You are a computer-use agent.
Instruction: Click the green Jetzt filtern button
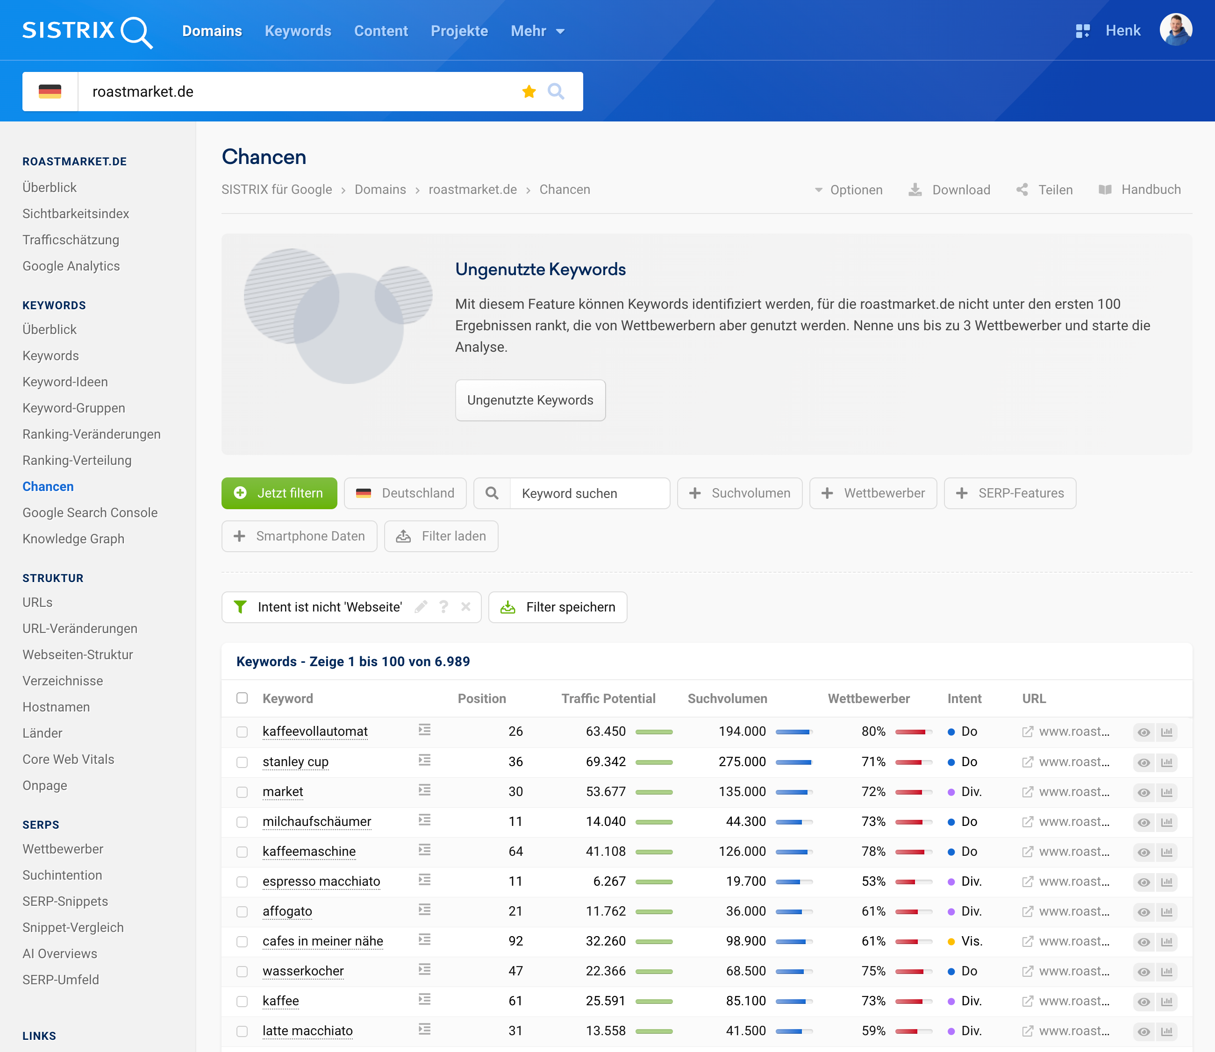click(x=279, y=493)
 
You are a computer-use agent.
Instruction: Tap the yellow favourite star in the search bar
click(x=529, y=92)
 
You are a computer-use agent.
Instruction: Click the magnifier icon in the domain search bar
click(x=556, y=92)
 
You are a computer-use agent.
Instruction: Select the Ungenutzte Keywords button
click(x=529, y=400)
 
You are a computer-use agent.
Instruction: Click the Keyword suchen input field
click(x=589, y=493)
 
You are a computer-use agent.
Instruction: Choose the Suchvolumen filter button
click(x=739, y=493)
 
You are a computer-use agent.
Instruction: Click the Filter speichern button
click(x=558, y=607)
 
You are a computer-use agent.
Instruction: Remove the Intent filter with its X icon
click(x=466, y=607)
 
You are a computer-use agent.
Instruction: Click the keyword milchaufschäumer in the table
click(x=316, y=821)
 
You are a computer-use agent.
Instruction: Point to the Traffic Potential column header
click(x=608, y=698)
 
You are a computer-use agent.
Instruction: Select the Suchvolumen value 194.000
click(x=742, y=732)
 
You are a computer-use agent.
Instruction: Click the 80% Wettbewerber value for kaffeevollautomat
click(x=872, y=732)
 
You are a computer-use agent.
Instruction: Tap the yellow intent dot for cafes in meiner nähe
click(x=951, y=942)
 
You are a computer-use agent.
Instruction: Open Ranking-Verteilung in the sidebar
click(x=77, y=460)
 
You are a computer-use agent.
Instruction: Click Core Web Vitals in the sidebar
click(x=68, y=759)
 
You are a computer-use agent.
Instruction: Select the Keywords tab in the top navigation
click(x=298, y=31)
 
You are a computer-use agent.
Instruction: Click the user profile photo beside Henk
click(x=1175, y=30)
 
